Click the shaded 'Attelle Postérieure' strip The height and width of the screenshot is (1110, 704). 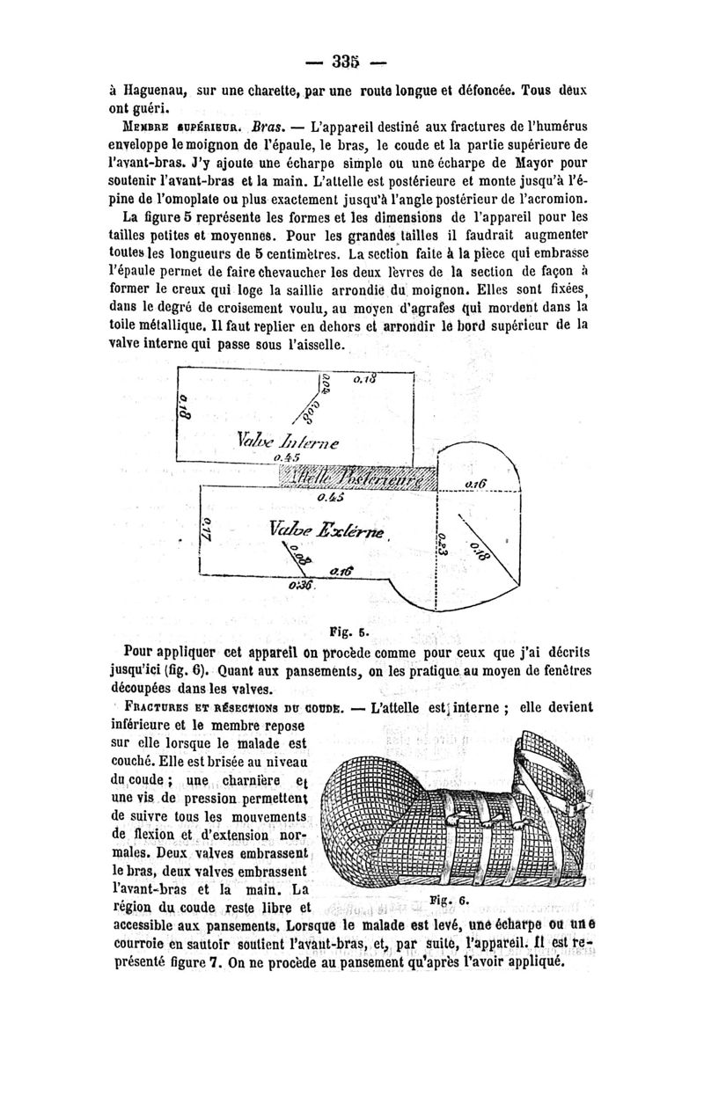pyautogui.click(x=356, y=477)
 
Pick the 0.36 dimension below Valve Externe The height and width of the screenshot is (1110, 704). pyautogui.click(x=300, y=587)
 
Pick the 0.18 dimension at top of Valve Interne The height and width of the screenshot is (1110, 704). pyautogui.click(x=364, y=379)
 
